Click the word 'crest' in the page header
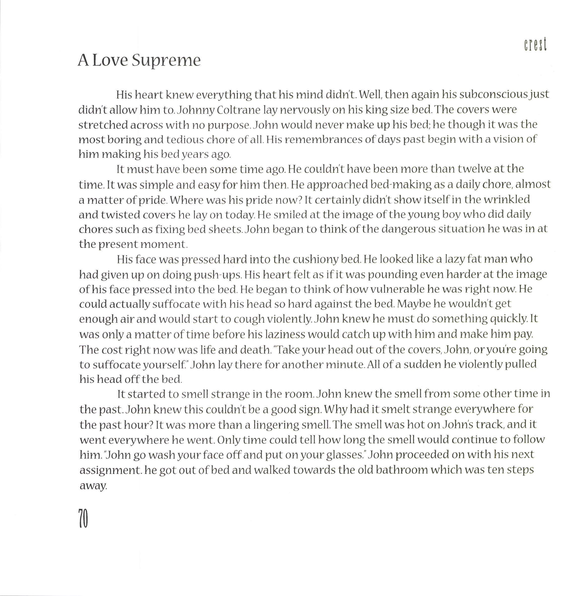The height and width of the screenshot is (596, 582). (535, 45)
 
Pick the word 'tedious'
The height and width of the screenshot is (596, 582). (185, 140)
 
